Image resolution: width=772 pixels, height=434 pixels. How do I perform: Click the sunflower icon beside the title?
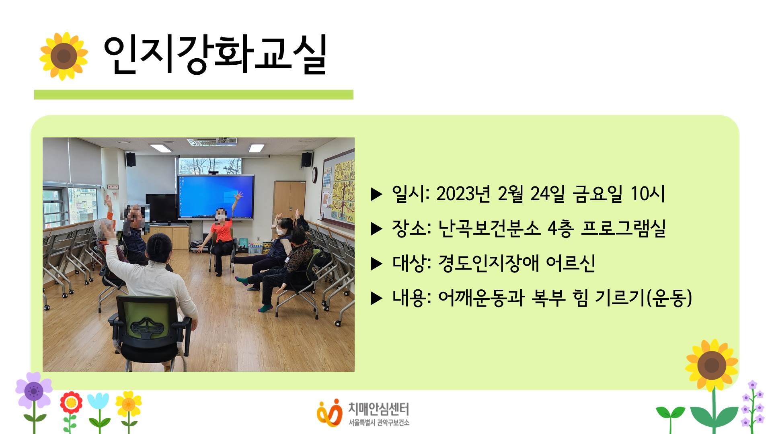point(64,56)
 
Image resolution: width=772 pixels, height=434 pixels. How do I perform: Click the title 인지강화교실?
point(215,55)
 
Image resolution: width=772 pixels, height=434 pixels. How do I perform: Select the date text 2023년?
point(463,194)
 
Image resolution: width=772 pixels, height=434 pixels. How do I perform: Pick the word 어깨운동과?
point(481,298)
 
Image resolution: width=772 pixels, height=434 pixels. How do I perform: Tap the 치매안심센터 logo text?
point(378,409)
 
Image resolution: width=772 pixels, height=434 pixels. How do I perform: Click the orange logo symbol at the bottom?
point(329,411)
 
